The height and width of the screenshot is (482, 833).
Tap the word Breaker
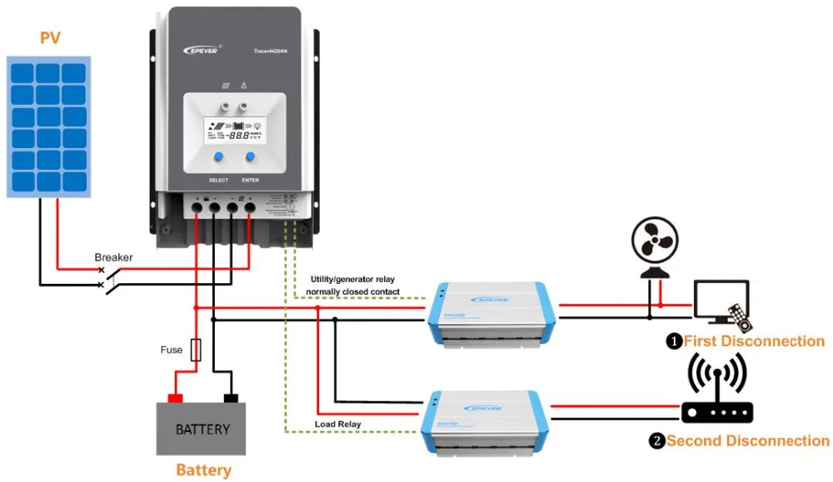(x=113, y=257)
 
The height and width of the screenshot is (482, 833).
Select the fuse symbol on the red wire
(x=196, y=350)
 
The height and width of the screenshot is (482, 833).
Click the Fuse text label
(x=172, y=350)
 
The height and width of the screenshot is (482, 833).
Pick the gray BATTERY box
(x=202, y=429)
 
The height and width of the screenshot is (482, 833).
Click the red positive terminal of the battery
(x=176, y=398)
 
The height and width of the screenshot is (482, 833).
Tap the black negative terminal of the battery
(x=231, y=398)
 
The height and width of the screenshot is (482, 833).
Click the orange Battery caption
(x=203, y=470)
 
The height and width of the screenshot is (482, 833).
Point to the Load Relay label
(x=337, y=424)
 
